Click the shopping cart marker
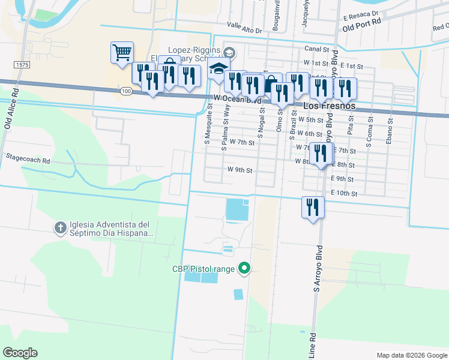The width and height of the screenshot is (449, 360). (x=122, y=53)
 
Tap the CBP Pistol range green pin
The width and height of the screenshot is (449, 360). (x=244, y=269)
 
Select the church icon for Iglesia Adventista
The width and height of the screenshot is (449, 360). (x=59, y=227)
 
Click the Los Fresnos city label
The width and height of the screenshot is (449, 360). (x=330, y=106)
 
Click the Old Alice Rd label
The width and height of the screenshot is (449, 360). (x=8, y=113)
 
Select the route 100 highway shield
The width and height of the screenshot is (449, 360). (x=125, y=91)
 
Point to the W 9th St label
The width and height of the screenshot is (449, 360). (x=240, y=170)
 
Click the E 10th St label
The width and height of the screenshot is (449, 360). (x=345, y=193)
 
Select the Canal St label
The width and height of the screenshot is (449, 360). (x=317, y=49)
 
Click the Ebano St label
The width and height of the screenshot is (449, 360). (x=390, y=128)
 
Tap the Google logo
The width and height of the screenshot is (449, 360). (x=20, y=353)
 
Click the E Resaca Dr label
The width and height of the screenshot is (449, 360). (x=360, y=13)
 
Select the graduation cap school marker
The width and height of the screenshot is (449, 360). (x=219, y=69)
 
